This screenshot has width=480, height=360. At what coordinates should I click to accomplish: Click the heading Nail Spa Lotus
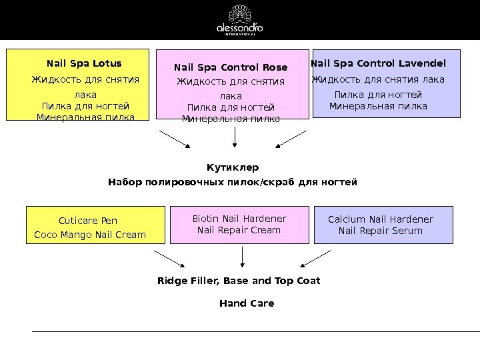point(84,64)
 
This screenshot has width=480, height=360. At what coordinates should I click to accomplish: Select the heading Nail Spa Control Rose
point(231,67)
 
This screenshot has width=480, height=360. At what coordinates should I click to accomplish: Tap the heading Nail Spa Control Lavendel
point(379,64)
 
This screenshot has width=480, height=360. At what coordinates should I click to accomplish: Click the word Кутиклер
point(233,167)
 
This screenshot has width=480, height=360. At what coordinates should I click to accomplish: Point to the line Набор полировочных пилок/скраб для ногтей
point(233,181)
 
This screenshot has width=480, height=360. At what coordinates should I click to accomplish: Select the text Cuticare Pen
point(88,220)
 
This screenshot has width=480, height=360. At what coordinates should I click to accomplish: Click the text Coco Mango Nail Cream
point(90,235)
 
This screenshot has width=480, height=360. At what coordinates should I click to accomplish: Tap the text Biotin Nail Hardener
point(239,219)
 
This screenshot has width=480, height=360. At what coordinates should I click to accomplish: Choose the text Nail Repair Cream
point(239,231)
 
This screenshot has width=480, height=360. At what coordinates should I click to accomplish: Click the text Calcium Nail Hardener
point(381,219)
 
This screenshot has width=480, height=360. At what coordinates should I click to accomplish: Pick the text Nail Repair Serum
point(381,231)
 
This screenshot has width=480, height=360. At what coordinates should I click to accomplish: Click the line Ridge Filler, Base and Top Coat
point(239,281)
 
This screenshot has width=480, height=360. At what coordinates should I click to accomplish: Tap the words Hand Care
point(247,303)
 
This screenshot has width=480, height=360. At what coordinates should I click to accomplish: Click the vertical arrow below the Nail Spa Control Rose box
point(235,137)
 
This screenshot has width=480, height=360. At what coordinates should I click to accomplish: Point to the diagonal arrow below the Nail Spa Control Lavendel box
point(293,139)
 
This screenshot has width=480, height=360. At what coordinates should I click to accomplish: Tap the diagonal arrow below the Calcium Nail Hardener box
point(316,259)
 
